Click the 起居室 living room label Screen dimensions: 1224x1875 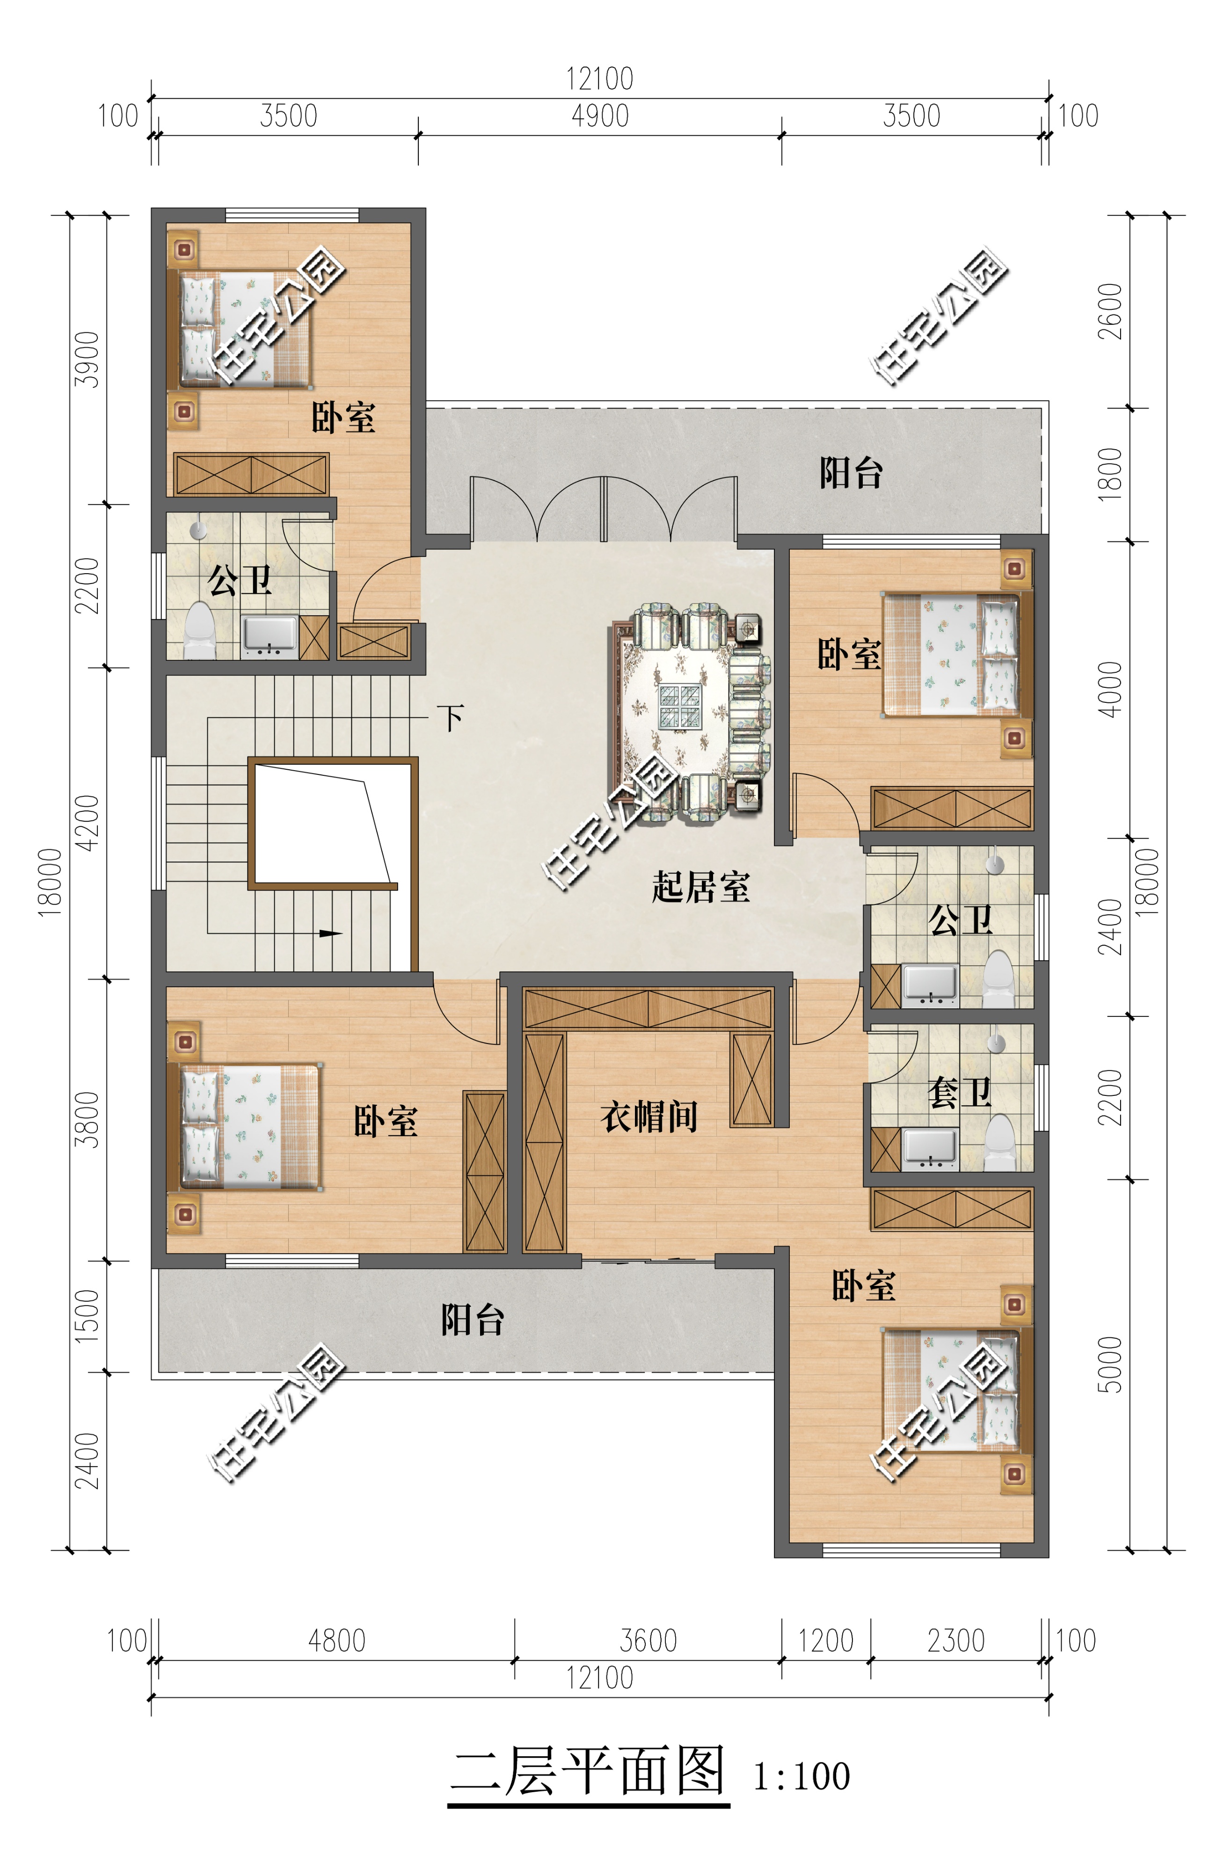coord(700,887)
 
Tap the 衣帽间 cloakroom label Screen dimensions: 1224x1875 coord(649,1116)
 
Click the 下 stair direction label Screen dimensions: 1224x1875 coord(452,718)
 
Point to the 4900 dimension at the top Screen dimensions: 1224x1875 coord(600,116)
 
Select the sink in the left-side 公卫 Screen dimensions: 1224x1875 coord(270,636)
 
